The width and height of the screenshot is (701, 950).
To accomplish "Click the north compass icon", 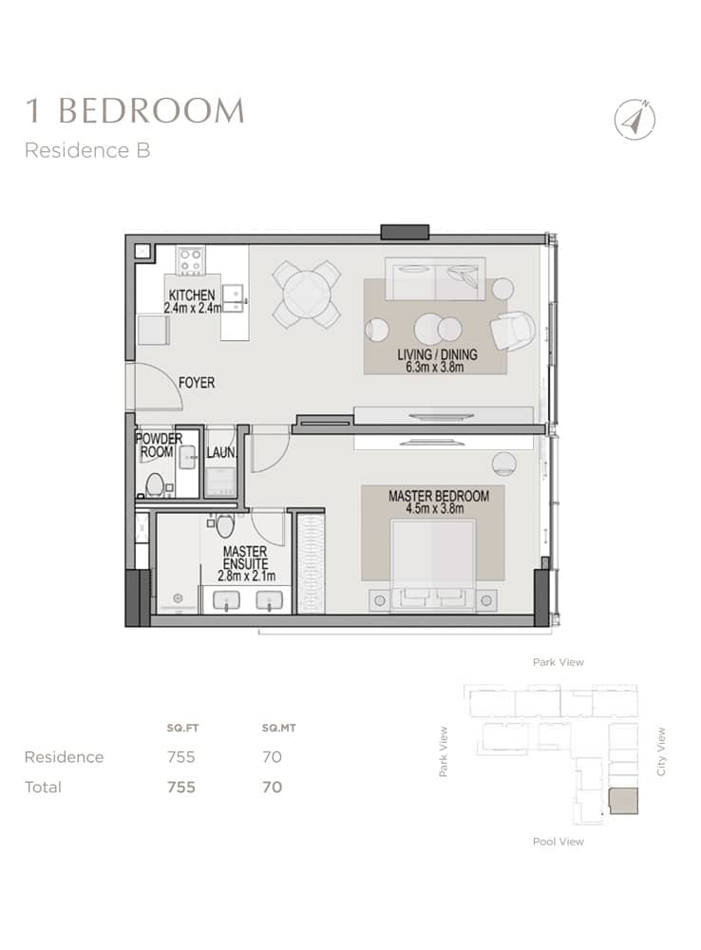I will (635, 120).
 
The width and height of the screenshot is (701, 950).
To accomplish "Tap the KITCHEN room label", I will (192, 294).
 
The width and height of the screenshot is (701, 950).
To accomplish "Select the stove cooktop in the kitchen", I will (190, 260).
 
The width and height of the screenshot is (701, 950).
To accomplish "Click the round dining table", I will (306, 294).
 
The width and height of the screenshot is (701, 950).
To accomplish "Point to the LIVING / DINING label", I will (437, 355).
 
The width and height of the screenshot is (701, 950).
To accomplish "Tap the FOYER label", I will (197, 383).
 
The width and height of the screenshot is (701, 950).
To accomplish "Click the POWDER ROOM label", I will (159, 446).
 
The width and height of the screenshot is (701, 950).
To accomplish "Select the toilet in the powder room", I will (154, 484).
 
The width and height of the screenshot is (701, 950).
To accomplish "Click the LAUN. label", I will (221, 454).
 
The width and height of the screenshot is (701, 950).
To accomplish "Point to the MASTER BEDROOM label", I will (438, 496).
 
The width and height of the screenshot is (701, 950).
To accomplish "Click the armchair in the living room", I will (512, 330).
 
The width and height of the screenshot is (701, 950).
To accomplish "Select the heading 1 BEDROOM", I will (134, 110).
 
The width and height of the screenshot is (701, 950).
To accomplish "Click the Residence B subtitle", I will (87, 150).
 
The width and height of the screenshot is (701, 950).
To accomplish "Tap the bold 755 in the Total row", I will (180, 787).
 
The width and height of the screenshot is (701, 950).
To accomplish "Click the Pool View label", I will (558, 842).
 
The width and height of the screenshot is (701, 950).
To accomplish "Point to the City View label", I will (662, 751).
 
